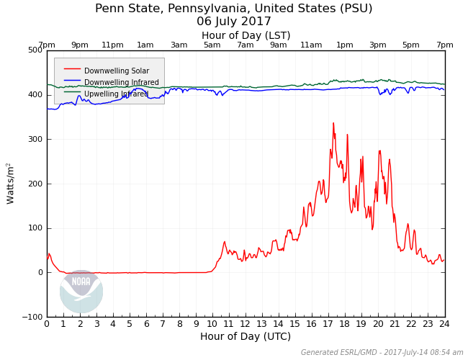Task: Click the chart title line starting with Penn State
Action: pyautogui.click(x=234, y=9)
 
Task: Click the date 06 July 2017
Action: pyautogui.click(x=234, y=22)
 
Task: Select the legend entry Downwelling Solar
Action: pyautogui.click(x=117, y=71)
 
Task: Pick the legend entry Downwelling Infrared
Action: pyautogui.click(x=121, y=82)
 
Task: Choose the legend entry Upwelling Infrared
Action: pyautogui.click(x=117, y=94)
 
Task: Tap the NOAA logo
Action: pyautogui.click(x=81, y=291)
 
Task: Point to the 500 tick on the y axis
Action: pyautogui.click(x=35, y=50)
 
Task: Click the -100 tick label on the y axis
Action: pyautogui.click(x=32, y=317)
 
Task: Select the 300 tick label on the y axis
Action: pyautogui.click(x=35, y=139)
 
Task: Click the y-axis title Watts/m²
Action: pyautogui.click(x=11, y=183)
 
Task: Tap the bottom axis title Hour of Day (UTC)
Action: pyautogui.click(x=246, y=337)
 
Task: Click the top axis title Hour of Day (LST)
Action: pyautogui.click(x=246, y=35)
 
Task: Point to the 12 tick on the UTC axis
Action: pyautogui.click(x=246, y=324)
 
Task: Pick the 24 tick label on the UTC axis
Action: pyautogui.click(x=444, y=324)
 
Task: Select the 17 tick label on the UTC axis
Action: pyautogui.click(x=328, y=324)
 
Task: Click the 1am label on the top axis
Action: pyautogui.click(x=145, y=45)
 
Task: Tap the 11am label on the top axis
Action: pyautogui.click(x=311, y=45)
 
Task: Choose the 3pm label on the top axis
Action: pyautogui.click(x=378, y=45)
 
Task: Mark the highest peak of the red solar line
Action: pyautogui.click(x=333, y=123)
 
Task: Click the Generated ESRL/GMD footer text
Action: pyautogui.click(x=382, y=353)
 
